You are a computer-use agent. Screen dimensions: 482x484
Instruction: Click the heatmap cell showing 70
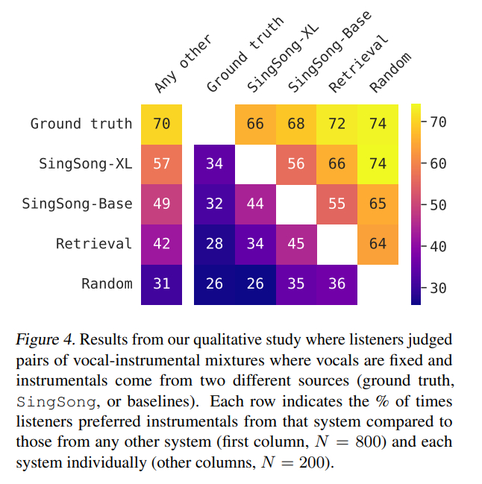pos(161,125)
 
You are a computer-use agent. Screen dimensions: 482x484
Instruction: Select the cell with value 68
pos(296,125)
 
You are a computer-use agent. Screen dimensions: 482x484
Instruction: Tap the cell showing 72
pos(337,125)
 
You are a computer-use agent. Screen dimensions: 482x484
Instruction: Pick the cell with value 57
pos(161,165)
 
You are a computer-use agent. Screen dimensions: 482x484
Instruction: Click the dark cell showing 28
pos(214,245)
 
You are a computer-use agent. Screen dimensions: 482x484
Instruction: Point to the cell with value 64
pos(378,245)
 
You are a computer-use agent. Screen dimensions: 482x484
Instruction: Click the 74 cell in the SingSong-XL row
pos(378,165)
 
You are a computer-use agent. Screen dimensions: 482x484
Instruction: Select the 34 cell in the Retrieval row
pos(255,245)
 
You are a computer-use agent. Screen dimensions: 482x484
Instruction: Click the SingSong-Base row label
pos(77,204)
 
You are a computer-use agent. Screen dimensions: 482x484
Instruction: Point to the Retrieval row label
pos(94,244)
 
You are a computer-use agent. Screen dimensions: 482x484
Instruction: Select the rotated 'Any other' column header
pos(183,63)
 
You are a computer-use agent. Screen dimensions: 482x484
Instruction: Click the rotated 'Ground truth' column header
pos(245,54)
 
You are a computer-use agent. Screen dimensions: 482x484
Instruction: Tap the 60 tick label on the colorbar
pos(438,164)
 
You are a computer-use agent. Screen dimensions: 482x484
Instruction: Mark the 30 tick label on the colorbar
pos(438,289)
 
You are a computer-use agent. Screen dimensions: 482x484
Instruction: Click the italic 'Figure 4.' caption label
pos(46,340)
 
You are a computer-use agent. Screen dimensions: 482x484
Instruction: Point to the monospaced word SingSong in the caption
pos(56,402)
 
